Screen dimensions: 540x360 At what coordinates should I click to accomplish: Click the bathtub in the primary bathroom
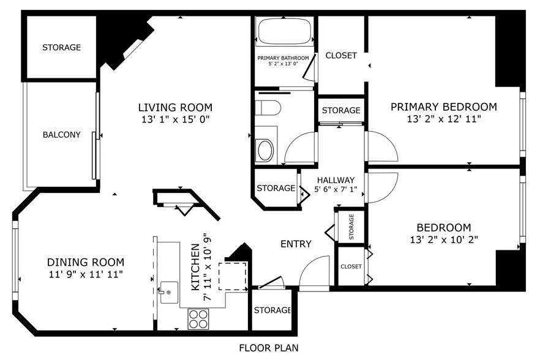[x=285, y=31]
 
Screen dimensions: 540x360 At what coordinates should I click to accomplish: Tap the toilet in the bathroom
[x=268, y=108]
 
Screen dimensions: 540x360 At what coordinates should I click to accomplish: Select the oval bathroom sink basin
[x=265, y=150]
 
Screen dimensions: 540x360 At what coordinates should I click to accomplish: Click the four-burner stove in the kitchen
[x=198, y=320]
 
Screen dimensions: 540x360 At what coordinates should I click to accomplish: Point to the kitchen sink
[x=169, y=293]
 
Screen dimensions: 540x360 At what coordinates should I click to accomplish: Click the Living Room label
[x=175, y=108]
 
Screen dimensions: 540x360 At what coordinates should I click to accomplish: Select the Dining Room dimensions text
[x=86, y=274]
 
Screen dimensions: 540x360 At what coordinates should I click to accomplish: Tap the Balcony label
[x=62, y=135]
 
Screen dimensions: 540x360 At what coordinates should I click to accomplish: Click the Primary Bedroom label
[x=443, y=107]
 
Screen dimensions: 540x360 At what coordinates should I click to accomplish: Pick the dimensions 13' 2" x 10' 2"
[x=444, y=239]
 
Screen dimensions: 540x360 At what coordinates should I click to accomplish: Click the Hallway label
[x=336, y=180]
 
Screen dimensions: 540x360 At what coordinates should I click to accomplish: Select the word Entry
[x=296, y=244]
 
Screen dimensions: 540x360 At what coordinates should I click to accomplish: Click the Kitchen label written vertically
[x=195, y=267]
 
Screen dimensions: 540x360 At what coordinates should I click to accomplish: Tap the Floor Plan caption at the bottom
[x=269, y=348]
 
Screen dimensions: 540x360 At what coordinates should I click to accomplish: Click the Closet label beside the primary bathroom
[x=341, y=56]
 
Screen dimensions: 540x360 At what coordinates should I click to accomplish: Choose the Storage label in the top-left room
[x=62, y=47]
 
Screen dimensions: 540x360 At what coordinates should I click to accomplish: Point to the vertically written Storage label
[x=351, y=227]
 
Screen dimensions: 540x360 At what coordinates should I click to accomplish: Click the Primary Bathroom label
[x=283, y=58]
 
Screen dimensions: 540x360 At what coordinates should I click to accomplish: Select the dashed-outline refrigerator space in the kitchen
[x=233, y=276]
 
